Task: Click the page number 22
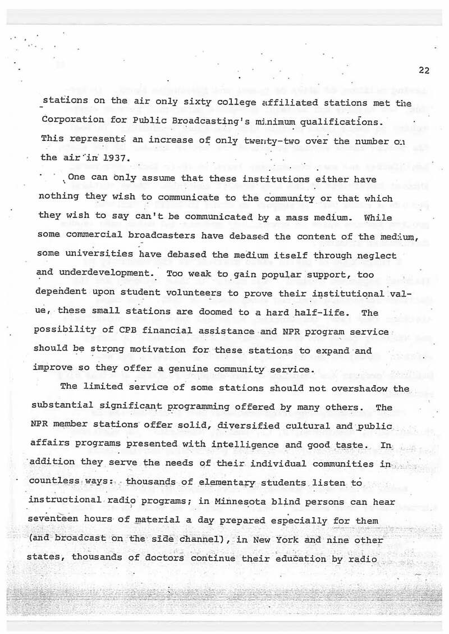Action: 424,70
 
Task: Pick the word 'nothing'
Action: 58,198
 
